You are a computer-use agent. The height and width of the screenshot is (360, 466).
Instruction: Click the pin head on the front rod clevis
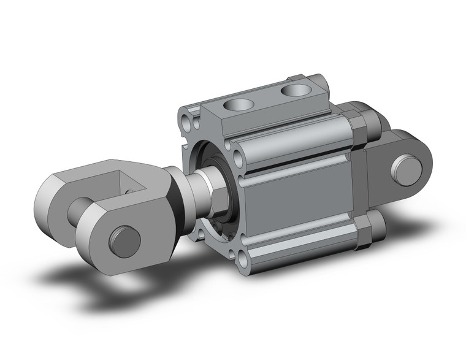[x=124, y=241]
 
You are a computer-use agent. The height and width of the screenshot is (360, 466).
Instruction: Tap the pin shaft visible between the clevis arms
[x=81, y=210]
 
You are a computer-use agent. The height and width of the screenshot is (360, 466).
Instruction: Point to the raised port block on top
[x=270, y=104]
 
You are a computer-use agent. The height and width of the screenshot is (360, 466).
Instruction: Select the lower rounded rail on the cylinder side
[x=300, y=248]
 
